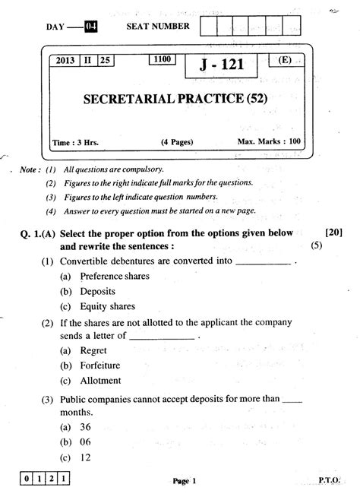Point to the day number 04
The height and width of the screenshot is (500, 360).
coord(91,27)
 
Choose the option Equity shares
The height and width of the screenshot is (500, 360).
coord(107,306)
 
